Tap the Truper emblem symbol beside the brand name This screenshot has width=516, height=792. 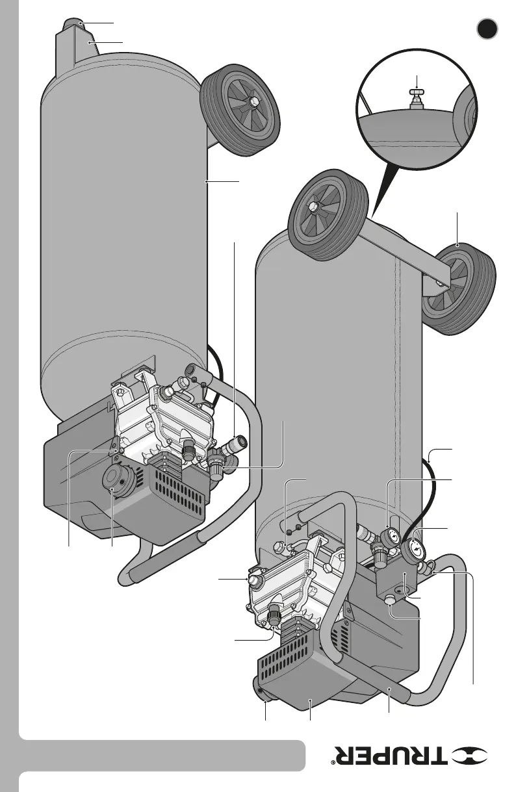coord(482,756)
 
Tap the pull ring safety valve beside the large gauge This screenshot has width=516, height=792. coord(428,569)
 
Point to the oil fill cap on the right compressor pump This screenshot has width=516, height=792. coord(254,578)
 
